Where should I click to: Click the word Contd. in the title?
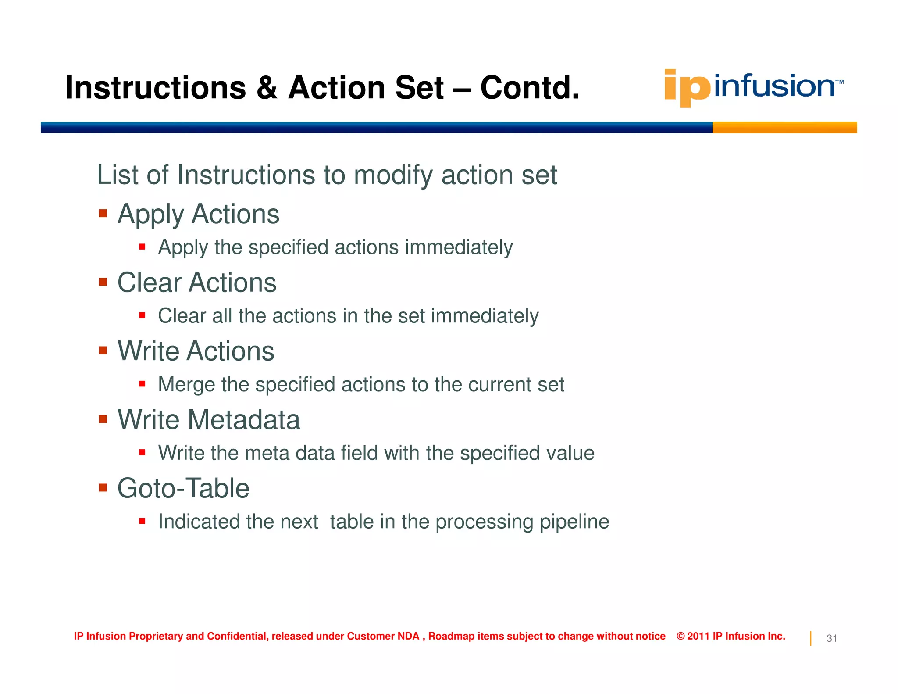coord(530,88)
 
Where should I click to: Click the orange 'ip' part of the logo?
coord(687,88)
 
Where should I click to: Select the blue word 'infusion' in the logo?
coord(774,86)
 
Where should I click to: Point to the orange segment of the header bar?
coord(784,128)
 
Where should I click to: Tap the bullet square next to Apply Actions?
coord(103,214)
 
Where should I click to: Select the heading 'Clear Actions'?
coord(197,283)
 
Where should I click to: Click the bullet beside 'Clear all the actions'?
coord(142,315)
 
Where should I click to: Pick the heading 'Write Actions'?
coord(196,351)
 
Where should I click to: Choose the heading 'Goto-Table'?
coord(183,488)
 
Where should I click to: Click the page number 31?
coord(831,639)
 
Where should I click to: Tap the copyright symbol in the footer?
coord(681,637)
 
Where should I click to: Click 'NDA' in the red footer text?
coord(408,637)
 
